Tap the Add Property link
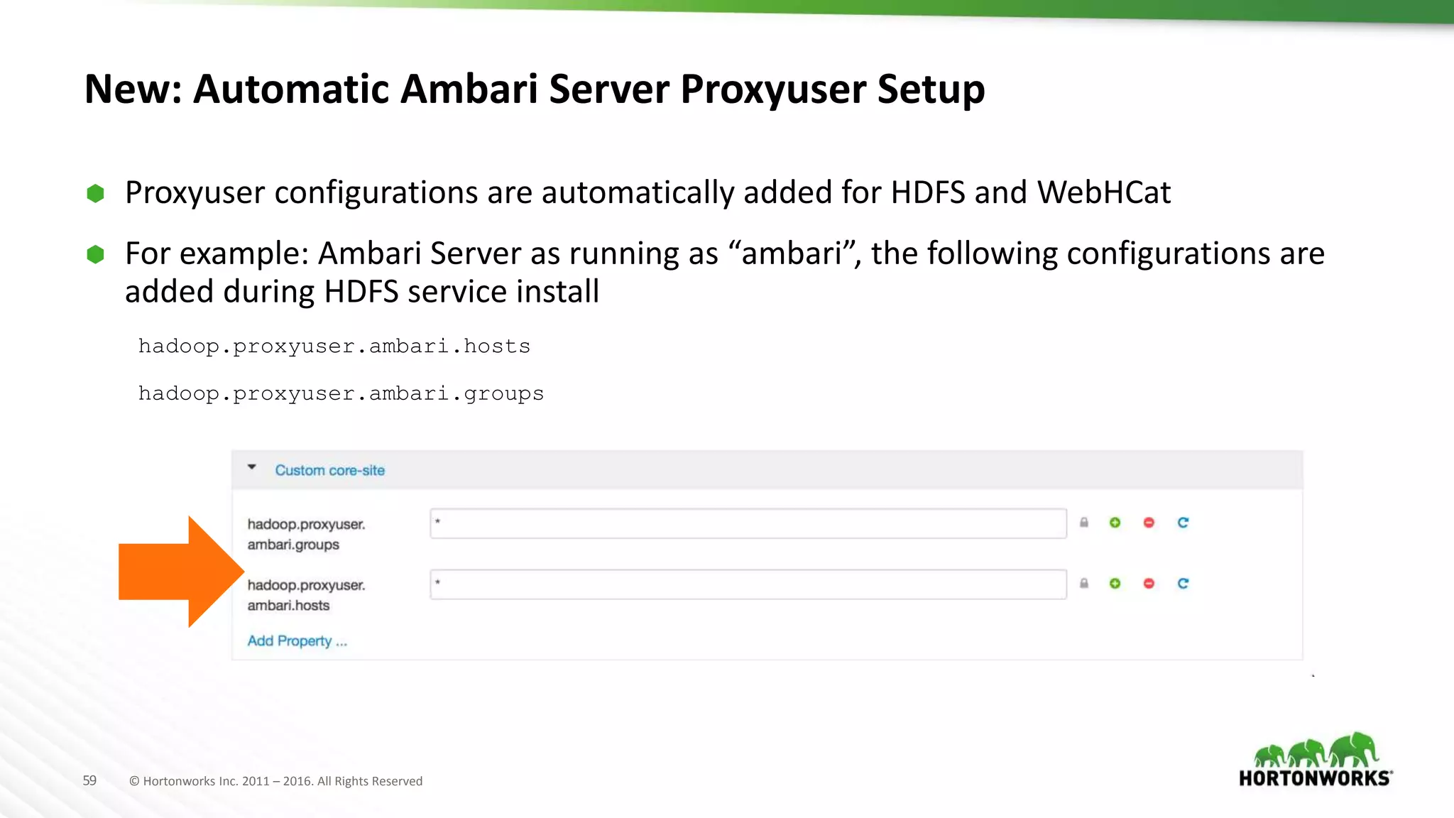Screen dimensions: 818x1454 tap(297, 641)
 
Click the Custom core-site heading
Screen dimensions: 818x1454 tap(329, 470)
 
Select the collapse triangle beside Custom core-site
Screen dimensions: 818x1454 tap(252, 467)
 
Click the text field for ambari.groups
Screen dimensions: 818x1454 tap(748, 523)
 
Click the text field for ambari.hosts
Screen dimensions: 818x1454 tap(748, 584)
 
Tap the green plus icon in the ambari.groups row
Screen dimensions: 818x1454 tap(1115, 523)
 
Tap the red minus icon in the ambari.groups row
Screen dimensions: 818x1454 tap(1149, 523)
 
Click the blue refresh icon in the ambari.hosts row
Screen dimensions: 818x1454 tap(1183, 584)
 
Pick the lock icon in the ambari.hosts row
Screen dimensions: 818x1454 tap(1084, 584)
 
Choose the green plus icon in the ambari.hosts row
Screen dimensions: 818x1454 tap(1115, 584)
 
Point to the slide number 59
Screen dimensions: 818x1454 tap(89, 780)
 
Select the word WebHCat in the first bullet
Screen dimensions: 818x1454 tap(1103, 192)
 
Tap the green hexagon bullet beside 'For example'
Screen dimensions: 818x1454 tap(95, 254)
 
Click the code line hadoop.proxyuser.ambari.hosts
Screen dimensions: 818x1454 tap(334, 347)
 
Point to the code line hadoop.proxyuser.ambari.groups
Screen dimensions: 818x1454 tap(341, 393)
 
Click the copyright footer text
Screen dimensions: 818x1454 tap(275, 781)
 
